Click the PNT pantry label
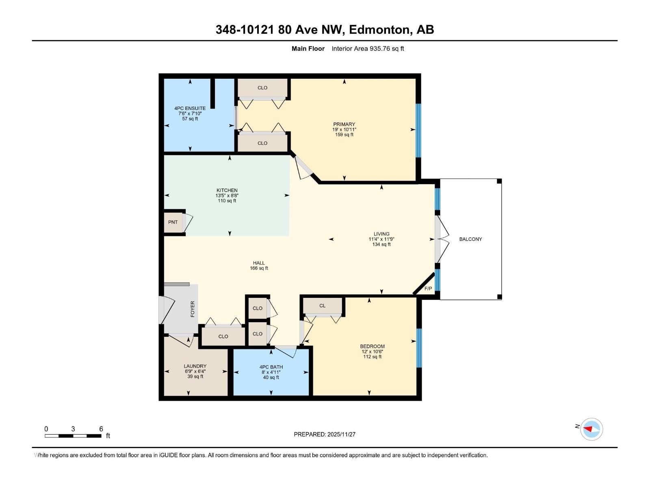(x=173, y=222)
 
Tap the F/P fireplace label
(x=428, y=289)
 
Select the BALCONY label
(x=470, y=239)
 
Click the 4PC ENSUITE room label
(x=190, y=108)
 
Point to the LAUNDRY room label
(x=195, y=366)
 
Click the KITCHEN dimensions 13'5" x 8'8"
(x=227, y=196)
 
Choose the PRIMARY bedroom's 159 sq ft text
(x=344, y=135)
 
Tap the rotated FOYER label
(x=193, y=309)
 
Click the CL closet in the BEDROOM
(x=322, y=306)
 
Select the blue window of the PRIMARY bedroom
(x=418, y=130)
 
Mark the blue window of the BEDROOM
(x=419, y=348)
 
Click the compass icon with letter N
(x=591, y=429)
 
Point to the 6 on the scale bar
(x=101, y=429)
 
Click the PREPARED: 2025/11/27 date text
(x=325, y=434)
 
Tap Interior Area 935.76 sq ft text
(x=368, y=49)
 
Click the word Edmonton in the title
(x=379, y=30)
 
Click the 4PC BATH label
(x=271, y=367)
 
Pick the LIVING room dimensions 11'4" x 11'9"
(x=381, y=239)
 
